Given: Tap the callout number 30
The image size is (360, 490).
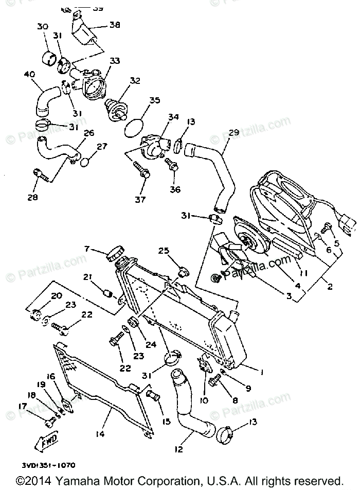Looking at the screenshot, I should (x=42, y=27).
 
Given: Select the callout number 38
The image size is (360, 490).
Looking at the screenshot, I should (x=115, y=24).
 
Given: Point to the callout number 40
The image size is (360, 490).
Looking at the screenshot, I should (x=29, y=75).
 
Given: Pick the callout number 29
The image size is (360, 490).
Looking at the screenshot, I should (x=234, y=133).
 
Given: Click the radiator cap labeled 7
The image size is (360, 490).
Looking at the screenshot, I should (x=115, y=253).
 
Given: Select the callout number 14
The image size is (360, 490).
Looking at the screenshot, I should (x=100, y=434).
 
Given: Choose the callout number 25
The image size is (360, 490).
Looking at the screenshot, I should (x=164, y=251).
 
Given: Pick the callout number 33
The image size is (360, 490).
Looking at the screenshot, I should (x=115, y=61).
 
